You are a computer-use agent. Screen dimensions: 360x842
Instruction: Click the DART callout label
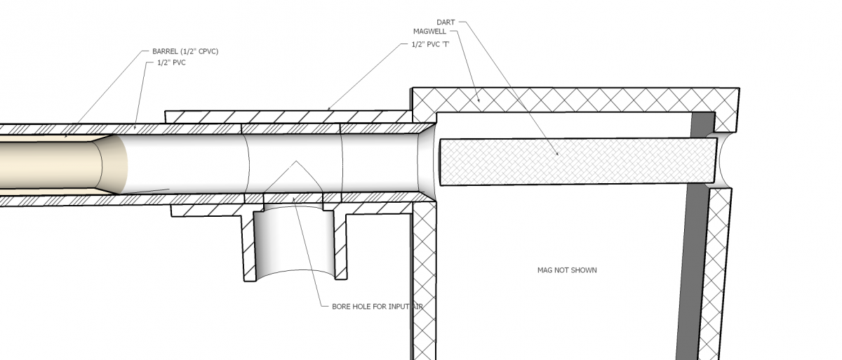point(446,22)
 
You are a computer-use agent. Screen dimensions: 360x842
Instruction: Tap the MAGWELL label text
point(431,31)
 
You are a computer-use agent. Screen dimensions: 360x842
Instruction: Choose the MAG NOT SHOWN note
point(567,270)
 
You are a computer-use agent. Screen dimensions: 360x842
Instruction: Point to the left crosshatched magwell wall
point(423,281)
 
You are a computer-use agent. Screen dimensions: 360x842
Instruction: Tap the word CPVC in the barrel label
point(207,51)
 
